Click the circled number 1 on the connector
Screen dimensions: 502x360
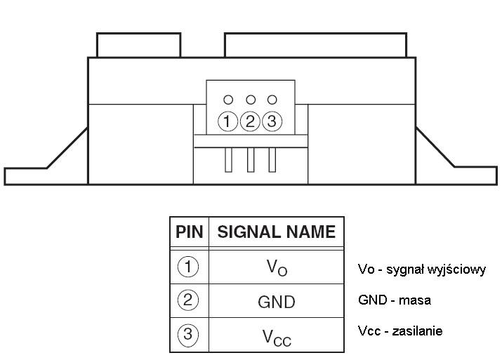tap(227, 121)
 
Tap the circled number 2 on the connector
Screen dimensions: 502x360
tap(250, 121)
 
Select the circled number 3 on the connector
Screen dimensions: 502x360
tap(272, 121)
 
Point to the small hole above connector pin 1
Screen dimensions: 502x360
tap(228, 100)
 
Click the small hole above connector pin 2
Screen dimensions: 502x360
tap(251, 100)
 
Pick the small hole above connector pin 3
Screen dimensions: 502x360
tap(272, 100)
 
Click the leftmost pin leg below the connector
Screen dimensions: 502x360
tap(228, 160)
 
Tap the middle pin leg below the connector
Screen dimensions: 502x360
tap(251, 160)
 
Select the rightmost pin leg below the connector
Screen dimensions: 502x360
tap(272, 160)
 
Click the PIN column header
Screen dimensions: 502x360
tap(189, 232)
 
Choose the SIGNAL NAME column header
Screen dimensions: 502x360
tap(277, 232)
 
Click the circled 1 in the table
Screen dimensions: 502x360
tap(188, 267)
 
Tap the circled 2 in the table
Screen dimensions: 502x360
tap(188, 300)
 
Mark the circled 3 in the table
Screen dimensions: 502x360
tap(188, 335)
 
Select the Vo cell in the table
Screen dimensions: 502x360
tap(277, 267)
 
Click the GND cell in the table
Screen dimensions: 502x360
tap(277, 302)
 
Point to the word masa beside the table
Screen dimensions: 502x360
tap(415, 300)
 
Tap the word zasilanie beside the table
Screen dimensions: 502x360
tap(418, 331)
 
